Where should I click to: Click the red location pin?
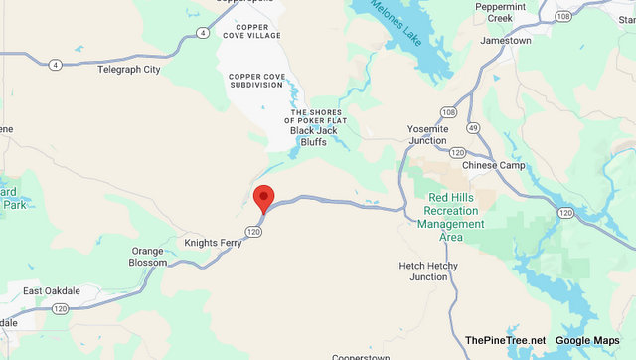pos(264,197)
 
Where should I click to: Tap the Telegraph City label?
pos(129,70)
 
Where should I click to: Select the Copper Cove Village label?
pos(252,30)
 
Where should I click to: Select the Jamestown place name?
pos(505,41)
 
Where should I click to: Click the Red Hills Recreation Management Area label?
pos(457,212)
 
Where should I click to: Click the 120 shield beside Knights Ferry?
pos(254,232)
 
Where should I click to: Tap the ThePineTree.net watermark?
pos(505,341)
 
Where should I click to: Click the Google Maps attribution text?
pos(587,341)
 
